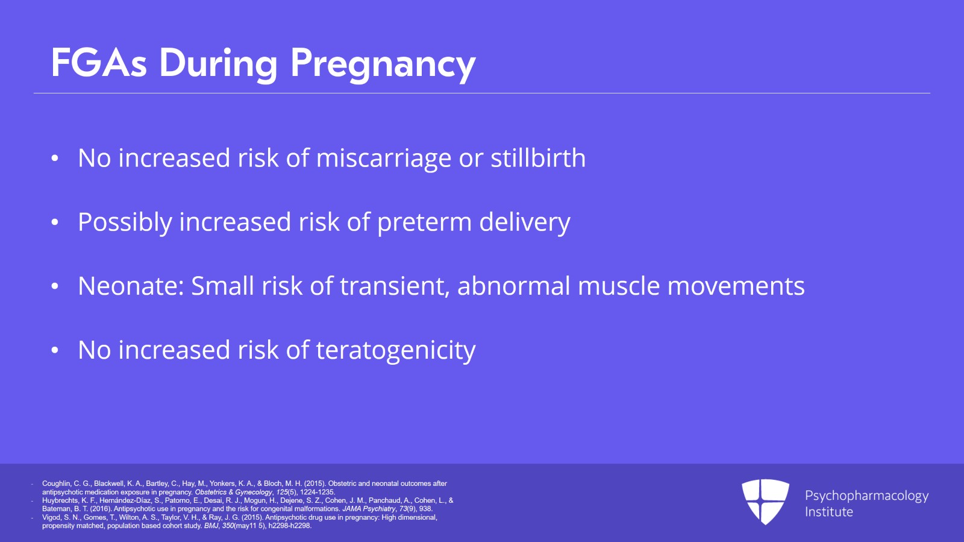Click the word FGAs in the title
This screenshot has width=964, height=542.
coord(99,63)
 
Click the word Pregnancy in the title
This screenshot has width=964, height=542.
coord(383,64)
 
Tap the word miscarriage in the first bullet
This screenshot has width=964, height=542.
coord(383,159)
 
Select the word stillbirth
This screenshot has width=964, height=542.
coord(537,159)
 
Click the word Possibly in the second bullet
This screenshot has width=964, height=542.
coord(125,222)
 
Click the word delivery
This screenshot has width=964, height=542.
coord(524,222)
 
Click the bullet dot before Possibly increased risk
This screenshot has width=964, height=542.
coord(55,222)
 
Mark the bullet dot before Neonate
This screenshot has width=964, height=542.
coord(55,286)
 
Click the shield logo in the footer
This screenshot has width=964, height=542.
coord(765,501)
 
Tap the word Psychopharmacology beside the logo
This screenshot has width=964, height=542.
coord(866,496)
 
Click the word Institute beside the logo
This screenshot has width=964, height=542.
coord(828,512)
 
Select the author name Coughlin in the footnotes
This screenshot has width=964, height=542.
coord(55,484)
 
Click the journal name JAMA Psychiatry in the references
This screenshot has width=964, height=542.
coord(369,509)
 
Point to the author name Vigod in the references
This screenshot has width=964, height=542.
coord(51,517)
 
